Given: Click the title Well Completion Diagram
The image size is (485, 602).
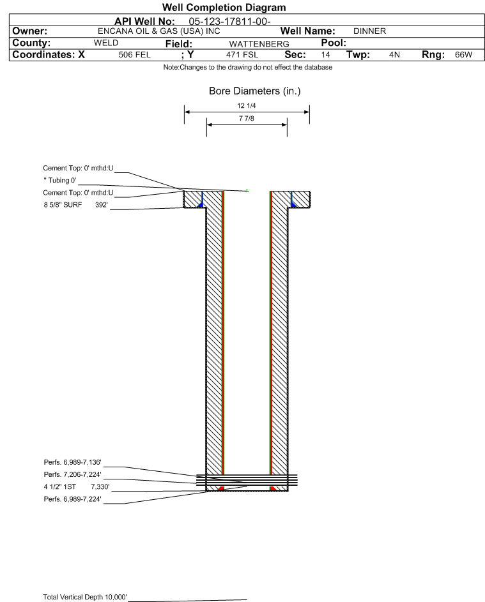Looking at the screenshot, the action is (224, 7).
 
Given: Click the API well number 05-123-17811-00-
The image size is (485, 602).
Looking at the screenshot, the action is (229, 22).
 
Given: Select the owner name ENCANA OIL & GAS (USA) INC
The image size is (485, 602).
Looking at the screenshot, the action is (158, 31).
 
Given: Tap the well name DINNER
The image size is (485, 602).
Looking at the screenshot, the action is (369, 31).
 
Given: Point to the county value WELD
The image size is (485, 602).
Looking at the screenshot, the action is (106, 43).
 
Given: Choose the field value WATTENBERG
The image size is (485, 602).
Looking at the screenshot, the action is (259, 44).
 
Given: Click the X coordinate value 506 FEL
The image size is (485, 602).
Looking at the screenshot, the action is (134, 55).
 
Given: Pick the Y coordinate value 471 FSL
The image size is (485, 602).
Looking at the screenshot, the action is (242, 55).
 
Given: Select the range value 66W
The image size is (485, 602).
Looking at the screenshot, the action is (463, 55).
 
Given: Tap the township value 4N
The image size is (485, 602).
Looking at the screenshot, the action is (394, 55).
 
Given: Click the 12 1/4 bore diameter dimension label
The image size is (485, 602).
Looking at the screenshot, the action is (247, 105).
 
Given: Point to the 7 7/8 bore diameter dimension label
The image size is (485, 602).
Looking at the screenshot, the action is (247, 118).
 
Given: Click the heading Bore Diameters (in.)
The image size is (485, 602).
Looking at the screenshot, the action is (255, 91).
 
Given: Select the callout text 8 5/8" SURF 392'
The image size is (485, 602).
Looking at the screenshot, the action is (75, 205).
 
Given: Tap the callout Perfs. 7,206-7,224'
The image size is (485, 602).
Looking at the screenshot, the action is (73, 474).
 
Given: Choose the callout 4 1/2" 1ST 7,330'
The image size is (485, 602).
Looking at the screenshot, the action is (77, 487).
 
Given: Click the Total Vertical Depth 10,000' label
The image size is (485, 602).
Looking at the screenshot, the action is (85, 597).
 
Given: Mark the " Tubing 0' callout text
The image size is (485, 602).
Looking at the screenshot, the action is (60, 181).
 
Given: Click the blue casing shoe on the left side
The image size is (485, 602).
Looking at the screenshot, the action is (200, 205).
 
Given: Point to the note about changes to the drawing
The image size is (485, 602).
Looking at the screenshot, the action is (248, 68).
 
